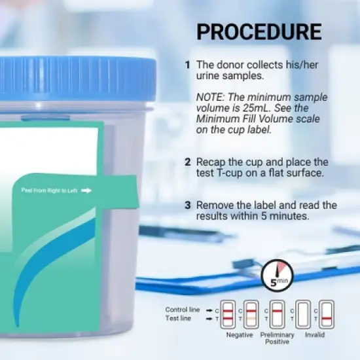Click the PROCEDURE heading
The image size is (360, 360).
click(259, 32)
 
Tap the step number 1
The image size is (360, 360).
click(187, 65)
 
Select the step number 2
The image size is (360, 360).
click(187, 162)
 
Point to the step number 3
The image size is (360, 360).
click(187, 205)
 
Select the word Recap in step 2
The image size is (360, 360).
click(212, 162)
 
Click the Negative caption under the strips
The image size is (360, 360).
click(240, 334)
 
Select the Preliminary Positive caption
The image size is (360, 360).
click(277, 338)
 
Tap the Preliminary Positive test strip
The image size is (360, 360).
click(277, 314)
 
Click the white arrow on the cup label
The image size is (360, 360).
click(86, 191)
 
